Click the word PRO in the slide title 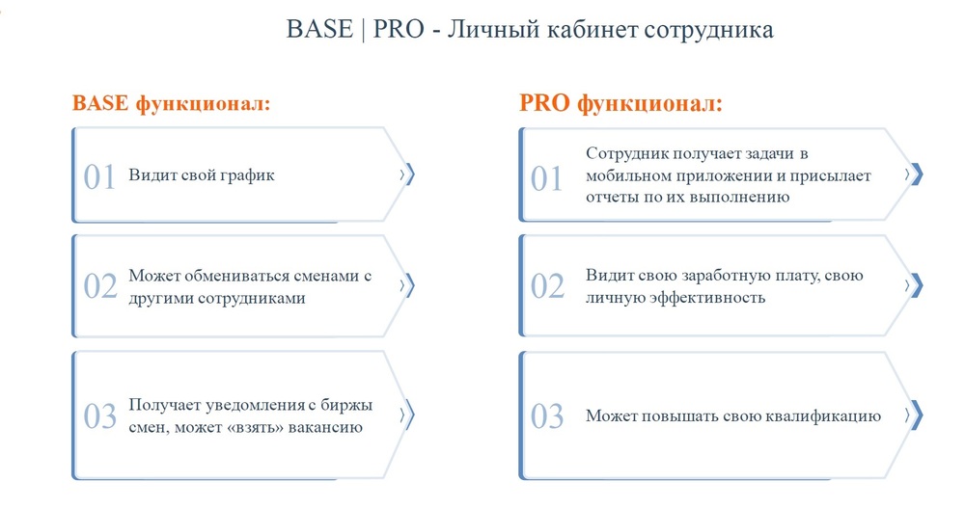point(399,29)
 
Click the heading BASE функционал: point(171,103)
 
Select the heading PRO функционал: point(620,103)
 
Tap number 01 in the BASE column point(99,177)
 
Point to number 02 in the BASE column point(99,286)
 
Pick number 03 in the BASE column point(99,416)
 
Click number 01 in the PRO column point(546,178)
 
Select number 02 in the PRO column point(547,286)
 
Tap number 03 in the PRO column point(547,416)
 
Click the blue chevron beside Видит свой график point(407,174)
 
